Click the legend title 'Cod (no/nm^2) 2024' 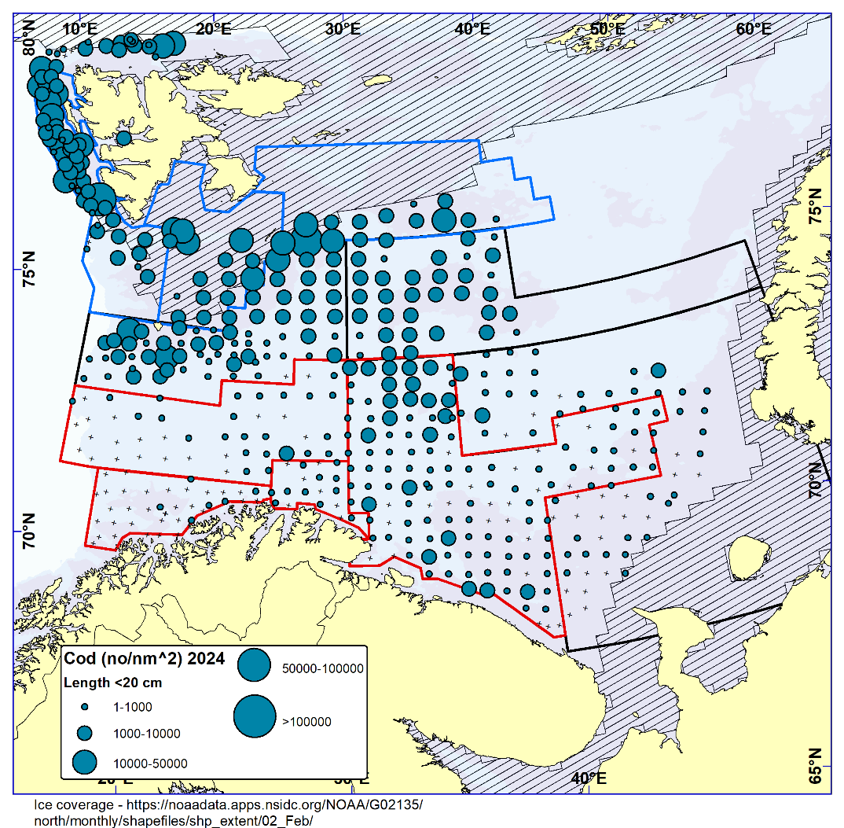[x=145, y=659]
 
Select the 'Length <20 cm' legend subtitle [x=112, y=683]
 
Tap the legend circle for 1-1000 [x=84, y=708]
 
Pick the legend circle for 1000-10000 [x=84, y=734]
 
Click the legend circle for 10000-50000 [x=84, y=762]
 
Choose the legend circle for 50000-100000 [x=254, y=665]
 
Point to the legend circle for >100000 [x=255, y=716]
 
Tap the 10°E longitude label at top [x=79, y=29]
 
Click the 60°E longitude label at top [x=753, y=29]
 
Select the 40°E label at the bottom [x=588, y=778]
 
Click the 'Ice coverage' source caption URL [x=228, y=812]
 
